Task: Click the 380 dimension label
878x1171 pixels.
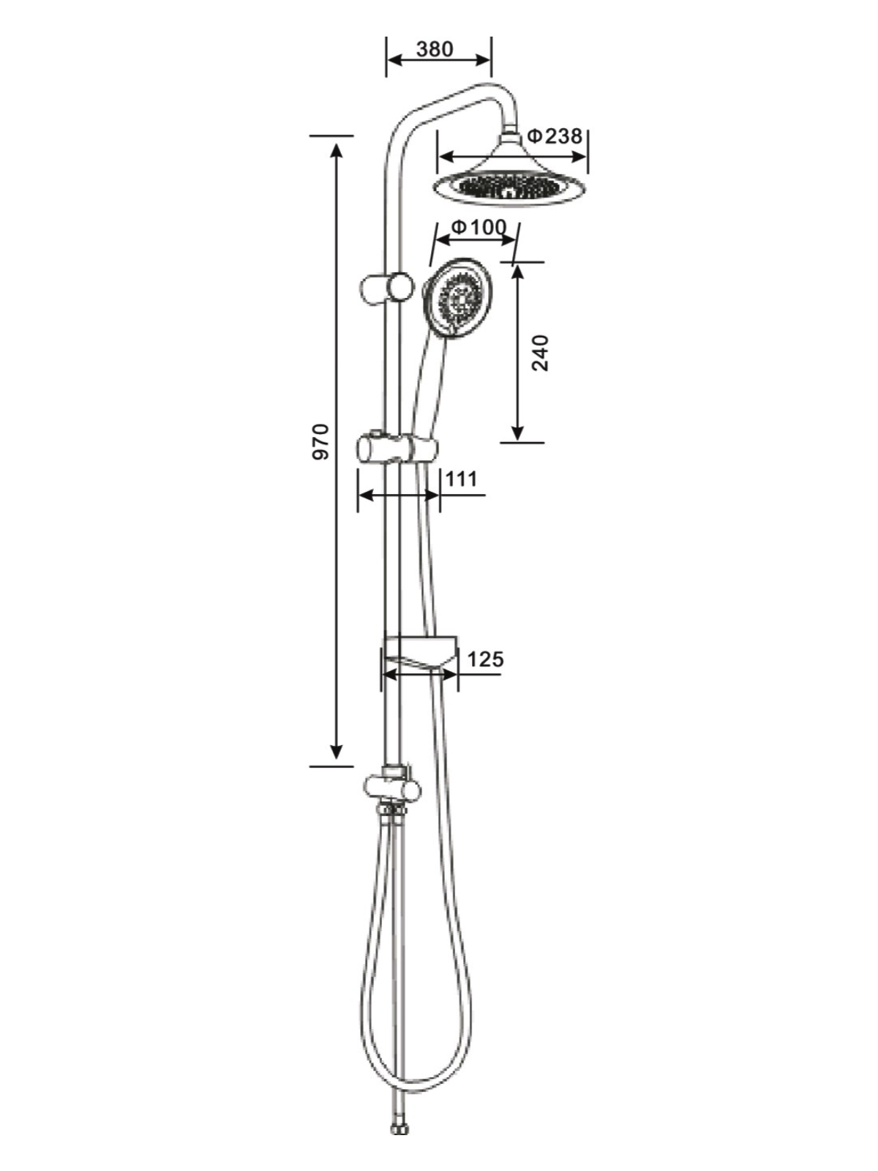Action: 435,49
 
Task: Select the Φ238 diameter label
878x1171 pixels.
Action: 555,137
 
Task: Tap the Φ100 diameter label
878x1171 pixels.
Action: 479,228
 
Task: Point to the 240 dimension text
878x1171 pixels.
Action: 540,353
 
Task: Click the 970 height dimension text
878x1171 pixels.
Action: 321,441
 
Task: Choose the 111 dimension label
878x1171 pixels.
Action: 462,479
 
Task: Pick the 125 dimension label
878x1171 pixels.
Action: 485,659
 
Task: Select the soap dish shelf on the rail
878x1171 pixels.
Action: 421,652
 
